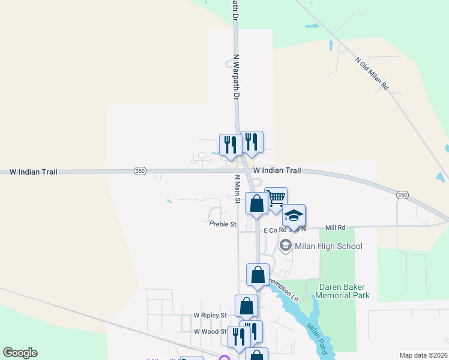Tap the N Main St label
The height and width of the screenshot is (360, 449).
[x=237, y=189]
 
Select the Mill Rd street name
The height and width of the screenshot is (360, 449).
[x=336, y=228]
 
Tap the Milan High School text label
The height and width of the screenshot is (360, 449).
[x=329, y=246]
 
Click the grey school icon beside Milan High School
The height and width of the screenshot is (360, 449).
[x=285, y=245]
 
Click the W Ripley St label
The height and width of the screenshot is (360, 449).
[x=209, y=315]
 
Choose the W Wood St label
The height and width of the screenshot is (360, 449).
[x=209, y=331]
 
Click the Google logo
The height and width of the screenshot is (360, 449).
[x=20, y=353]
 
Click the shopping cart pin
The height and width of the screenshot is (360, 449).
[x=276, y=198]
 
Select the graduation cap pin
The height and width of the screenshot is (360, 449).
[x=294, y=215]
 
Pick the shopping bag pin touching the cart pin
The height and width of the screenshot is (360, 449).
[x=256, y=203]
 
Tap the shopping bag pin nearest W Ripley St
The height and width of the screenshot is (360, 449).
[x=246, y=306]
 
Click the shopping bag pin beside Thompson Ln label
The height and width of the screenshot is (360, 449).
[x=258, y=275]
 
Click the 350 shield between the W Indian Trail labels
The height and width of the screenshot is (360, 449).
[x=140, y=172]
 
